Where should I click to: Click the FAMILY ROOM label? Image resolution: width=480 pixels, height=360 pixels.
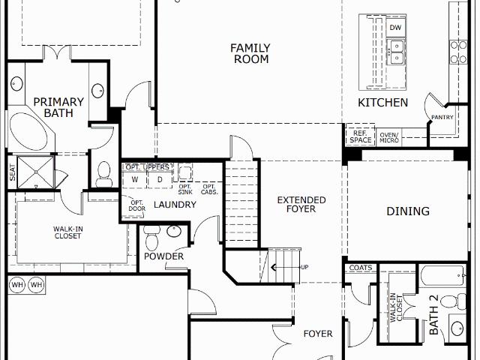(250, 53)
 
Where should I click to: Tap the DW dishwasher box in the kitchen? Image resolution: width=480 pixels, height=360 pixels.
(395, 27)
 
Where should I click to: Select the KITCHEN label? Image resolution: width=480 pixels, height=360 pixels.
(383, 103)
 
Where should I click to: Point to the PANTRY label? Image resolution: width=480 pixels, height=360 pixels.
(442, 117)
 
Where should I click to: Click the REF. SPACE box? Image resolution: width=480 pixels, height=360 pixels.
(360, 136)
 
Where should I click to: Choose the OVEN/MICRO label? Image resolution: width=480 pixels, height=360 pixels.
(389, 137)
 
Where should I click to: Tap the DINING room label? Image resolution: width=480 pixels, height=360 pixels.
(408, 211)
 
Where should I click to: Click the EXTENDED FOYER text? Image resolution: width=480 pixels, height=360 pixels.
(301, 205)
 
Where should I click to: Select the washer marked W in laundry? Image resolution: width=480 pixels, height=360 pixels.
(135, 180)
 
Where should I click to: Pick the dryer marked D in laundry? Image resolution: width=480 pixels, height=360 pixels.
(160, 180)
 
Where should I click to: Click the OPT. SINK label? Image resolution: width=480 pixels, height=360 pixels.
(185, 190)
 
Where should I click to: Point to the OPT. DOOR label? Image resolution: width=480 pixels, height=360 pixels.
(136, 205)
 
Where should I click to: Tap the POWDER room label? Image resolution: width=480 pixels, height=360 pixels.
(163, 256)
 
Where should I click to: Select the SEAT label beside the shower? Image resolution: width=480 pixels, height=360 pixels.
(13, 172)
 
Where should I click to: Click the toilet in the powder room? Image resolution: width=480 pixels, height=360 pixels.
(151, 238)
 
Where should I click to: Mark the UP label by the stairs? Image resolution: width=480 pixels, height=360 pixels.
(304, 267)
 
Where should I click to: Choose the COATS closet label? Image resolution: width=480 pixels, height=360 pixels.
(361, 268)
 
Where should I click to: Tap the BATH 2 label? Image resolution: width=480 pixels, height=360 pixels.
(433, 315)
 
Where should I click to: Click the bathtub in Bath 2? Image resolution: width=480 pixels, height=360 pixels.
(443, 275)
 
